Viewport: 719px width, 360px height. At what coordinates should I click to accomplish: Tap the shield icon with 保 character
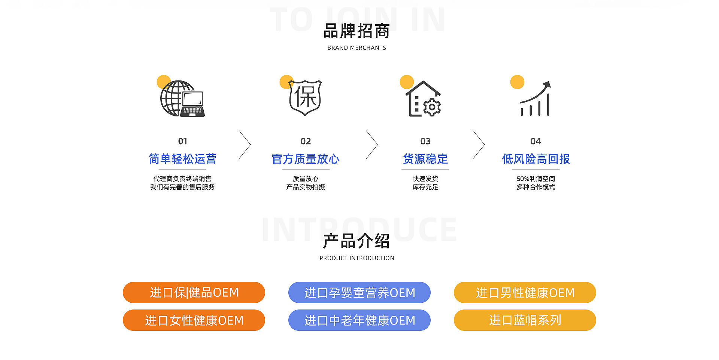(x=305, y=98)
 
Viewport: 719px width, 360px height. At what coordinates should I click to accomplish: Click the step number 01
(x=182, y=141)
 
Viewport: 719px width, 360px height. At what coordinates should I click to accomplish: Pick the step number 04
(x=536, y=141)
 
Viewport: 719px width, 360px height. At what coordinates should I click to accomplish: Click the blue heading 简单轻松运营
(x=182, y=159)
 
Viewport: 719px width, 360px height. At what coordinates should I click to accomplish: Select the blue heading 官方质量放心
(x=306, y=159)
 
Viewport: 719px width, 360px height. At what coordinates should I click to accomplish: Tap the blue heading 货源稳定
(x=425, y=159)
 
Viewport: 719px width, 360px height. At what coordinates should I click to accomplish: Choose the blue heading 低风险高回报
(x=536, y=159)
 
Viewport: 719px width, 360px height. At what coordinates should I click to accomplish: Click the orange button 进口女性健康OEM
(x=194, y=320)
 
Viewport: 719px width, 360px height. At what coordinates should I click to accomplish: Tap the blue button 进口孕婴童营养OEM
(x=359, y=293)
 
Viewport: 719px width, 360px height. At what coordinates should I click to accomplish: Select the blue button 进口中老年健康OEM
(x=359, y=320)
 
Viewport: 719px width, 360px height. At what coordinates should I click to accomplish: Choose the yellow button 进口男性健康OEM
(x=525, y=293)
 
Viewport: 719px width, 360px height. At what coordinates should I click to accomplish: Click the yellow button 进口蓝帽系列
(x=525, y=320)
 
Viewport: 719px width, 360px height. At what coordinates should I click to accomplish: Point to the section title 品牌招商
(x=357, y=31)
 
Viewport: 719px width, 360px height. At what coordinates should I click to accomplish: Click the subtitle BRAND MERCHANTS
(x=357, y=48)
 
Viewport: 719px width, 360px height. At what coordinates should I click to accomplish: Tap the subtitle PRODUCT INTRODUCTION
(x=357, y=258)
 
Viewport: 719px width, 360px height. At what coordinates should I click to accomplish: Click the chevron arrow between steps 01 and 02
(x=245, y=145)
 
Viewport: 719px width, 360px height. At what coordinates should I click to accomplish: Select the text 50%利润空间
(x=536, y=179)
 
